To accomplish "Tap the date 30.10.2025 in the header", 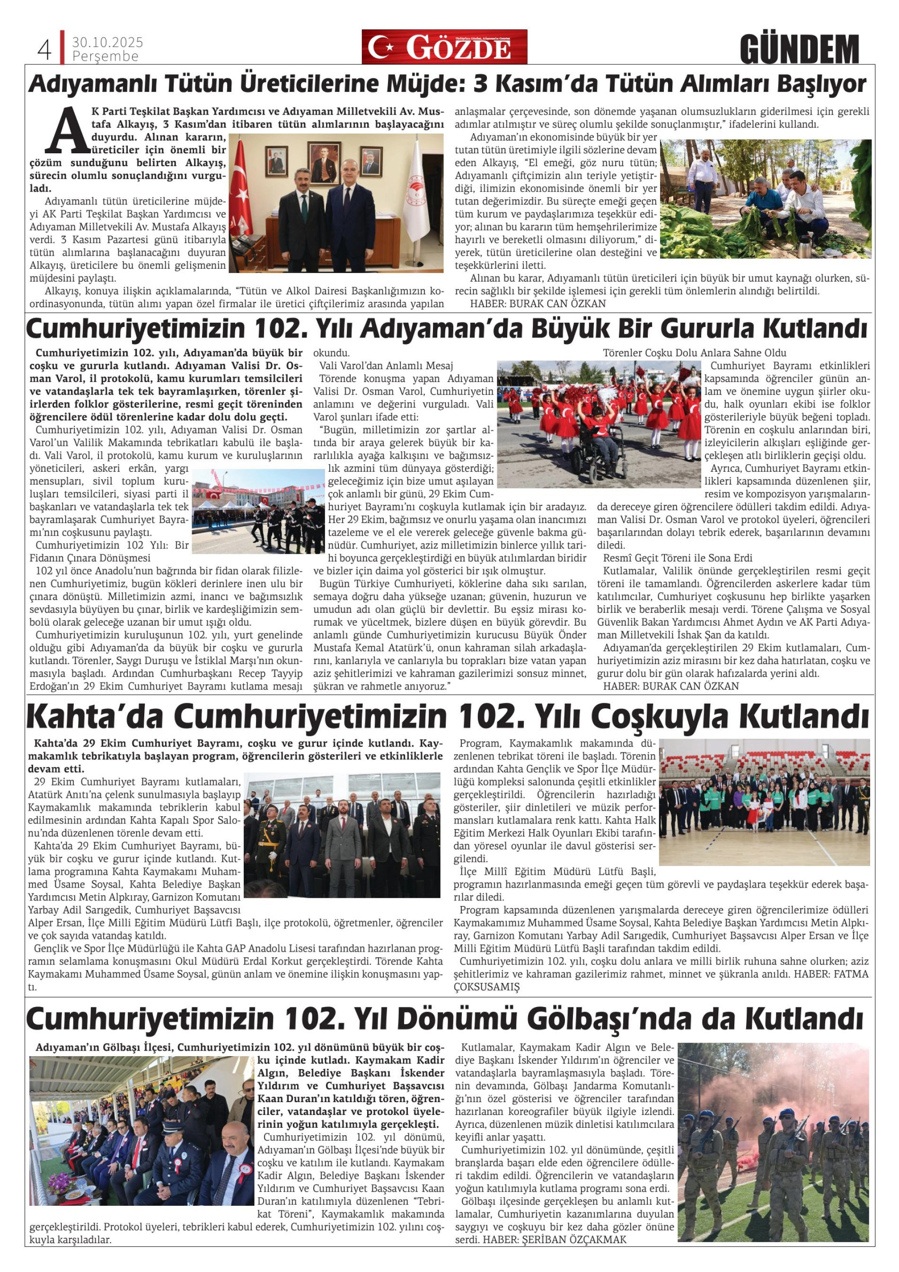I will pyautogui.click(x=107, y=42).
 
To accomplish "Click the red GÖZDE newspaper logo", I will pyautogui.click(x=444, y=47).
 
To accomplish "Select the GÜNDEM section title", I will pyautogui.click(x=799, y=50).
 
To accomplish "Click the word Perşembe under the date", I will pyautogui.click(x=105, y=56).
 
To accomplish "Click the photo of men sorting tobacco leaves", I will pyautogui.click(x=765, y=198).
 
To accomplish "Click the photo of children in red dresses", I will pyautogui.click(x=599, y=424).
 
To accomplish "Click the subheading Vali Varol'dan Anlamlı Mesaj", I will pyautogui.click(x=386, y=366).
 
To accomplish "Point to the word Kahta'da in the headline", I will pyautogui.click(x=94, y=717).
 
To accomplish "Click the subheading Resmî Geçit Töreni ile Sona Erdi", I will pyautogui.click(x=678, y=558).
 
